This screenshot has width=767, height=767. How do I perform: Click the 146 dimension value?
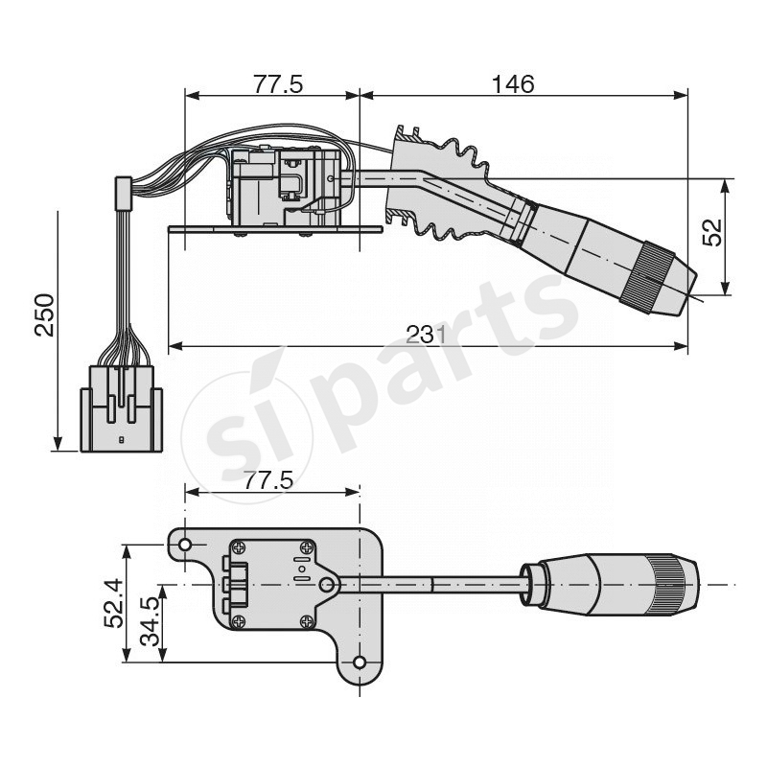[x=512, y=84]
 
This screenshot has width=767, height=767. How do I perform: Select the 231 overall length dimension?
[x=427, y=334]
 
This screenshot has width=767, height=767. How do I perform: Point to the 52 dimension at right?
[x=712, y=232]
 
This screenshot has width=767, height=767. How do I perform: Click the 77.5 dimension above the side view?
[x=278, y=84]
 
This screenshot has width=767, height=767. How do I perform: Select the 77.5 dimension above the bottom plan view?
[x=267, y=480]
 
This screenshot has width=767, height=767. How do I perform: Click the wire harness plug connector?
[x=121, y=407]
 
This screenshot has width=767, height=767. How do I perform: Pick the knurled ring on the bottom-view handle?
[x=665, y=584]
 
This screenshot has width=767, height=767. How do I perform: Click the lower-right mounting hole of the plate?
[x=360, y=662]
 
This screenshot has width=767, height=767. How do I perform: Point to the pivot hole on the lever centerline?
[x=327, y=584]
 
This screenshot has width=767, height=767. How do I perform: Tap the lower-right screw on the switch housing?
[x=308, y=621]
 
